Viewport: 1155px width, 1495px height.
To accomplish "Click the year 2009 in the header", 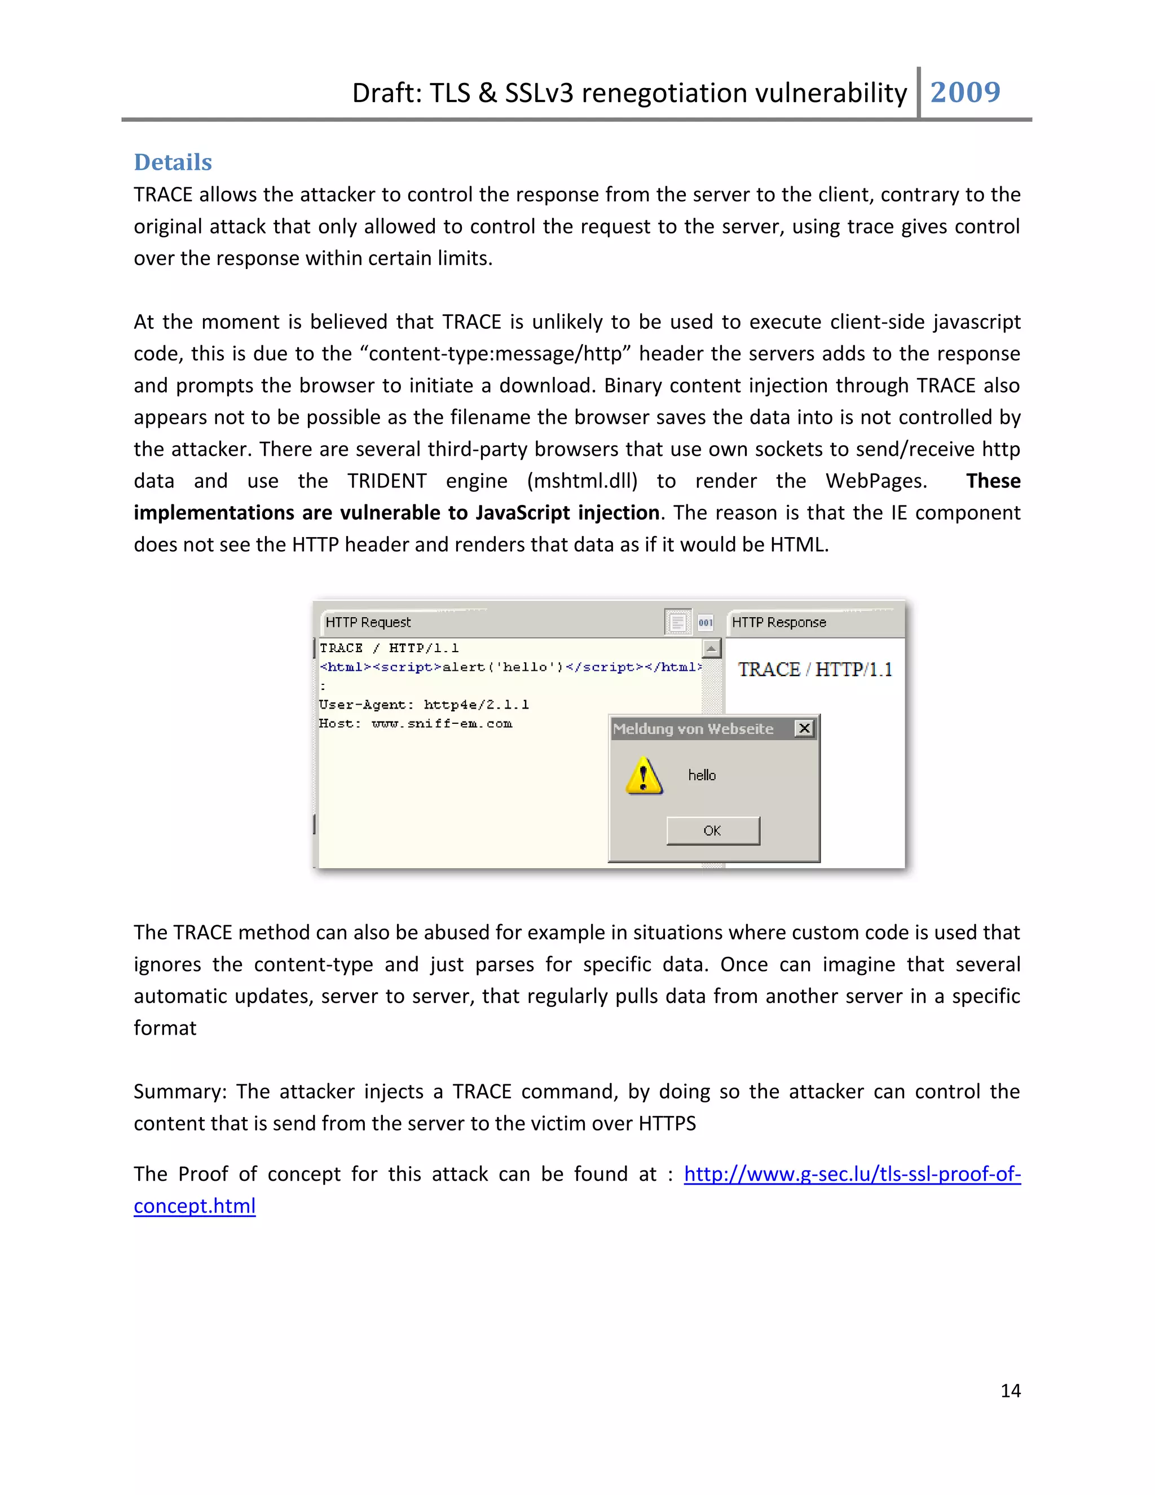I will point(965,93).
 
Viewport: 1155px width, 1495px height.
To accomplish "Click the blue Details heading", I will point(173,162).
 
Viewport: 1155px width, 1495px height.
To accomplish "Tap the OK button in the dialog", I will point(712,830).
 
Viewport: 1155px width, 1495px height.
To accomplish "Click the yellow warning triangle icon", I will point(643,776).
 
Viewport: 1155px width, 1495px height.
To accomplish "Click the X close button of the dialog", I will point(805,728).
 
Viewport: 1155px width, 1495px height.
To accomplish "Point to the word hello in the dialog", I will point(702,776).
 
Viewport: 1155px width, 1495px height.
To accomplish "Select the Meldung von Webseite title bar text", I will point(693,729).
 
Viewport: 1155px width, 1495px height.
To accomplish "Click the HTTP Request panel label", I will point(368,622).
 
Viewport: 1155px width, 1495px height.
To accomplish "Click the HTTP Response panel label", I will point(779,622).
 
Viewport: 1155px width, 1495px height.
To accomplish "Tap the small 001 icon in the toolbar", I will point(706,622).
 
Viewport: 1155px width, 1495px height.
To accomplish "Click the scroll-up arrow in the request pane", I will point(712,648).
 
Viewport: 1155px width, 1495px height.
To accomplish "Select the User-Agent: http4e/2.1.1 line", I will point(424,705).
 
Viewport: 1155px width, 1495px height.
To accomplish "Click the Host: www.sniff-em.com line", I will point(415,724).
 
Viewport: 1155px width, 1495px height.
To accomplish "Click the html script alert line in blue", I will point(510,667).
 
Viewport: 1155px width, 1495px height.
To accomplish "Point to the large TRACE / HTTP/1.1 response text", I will point(814,670).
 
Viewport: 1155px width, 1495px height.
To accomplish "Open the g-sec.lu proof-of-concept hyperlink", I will point(852,1174).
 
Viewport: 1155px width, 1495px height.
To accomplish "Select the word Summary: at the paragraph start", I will point(179,1091).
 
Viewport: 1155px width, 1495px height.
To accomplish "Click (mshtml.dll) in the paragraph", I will point(582,481).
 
